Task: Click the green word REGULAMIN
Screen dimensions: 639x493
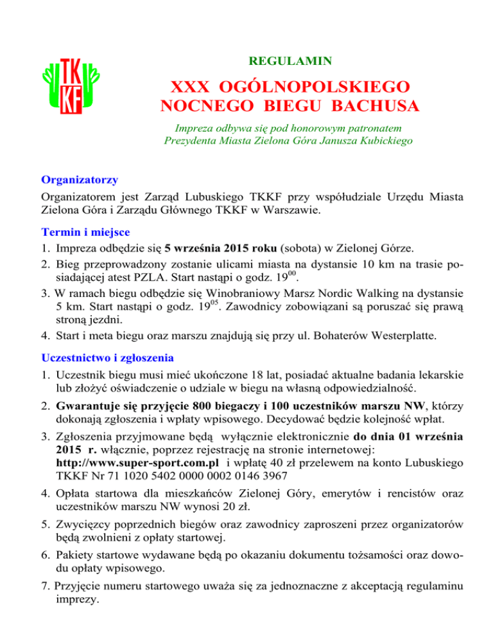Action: pos(290,62)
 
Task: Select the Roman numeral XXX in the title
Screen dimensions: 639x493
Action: pos(191,85)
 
